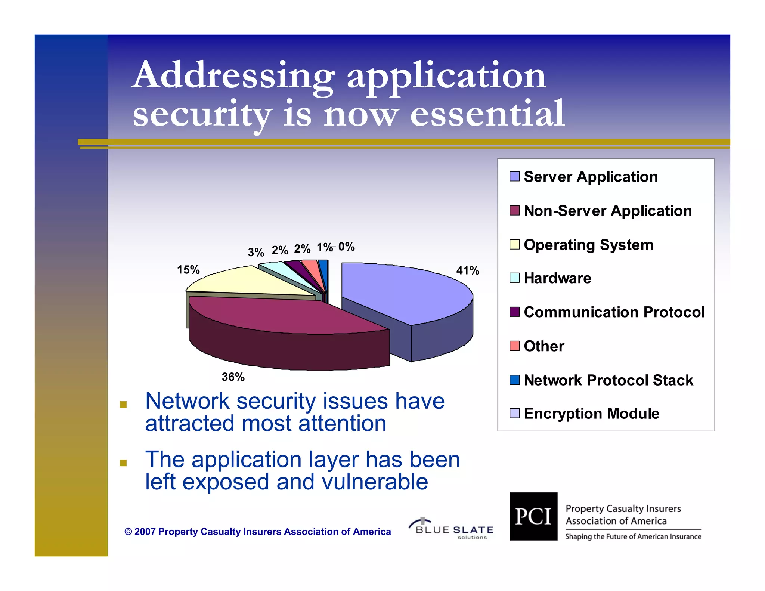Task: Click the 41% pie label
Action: click(x=467, y=270)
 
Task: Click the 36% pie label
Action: click(x=233, y=377)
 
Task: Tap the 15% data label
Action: click(x=188, y=270)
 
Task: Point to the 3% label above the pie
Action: click(x=256, y=253)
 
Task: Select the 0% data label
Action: click(x=346, y=247)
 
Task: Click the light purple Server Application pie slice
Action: click(x=403, y=291)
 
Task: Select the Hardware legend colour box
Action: click(x=514, y=278)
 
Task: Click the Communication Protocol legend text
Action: click(x=614, y=312)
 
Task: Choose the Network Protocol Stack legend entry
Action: click(x=608, y=380)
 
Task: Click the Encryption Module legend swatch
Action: click(x=514, y=413)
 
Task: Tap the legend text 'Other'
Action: click(x=544, y=346)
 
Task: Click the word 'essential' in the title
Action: click(x=487, y=113)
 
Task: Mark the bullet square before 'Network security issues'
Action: click(x=123, y=405)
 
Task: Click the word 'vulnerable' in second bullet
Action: click(x=375, y=482)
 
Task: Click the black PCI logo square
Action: click(x=533, y=516)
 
